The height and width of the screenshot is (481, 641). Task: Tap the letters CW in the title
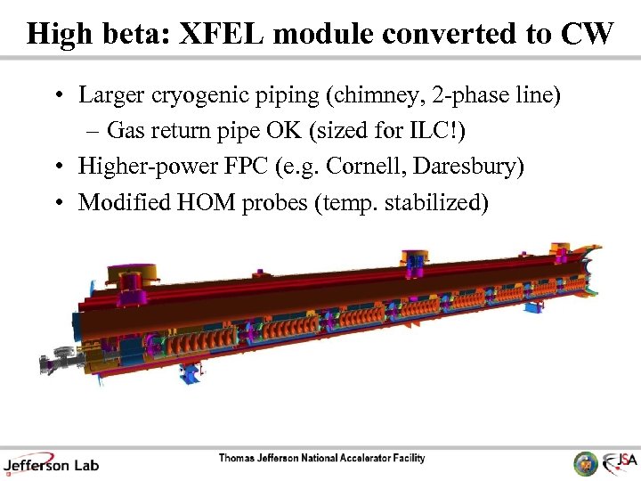click(588, 34)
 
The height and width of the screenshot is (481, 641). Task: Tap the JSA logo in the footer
click(618, 462)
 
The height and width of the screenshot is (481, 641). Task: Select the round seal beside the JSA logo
click(586, 462)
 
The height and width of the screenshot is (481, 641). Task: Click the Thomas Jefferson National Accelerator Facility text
click(322, 459)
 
